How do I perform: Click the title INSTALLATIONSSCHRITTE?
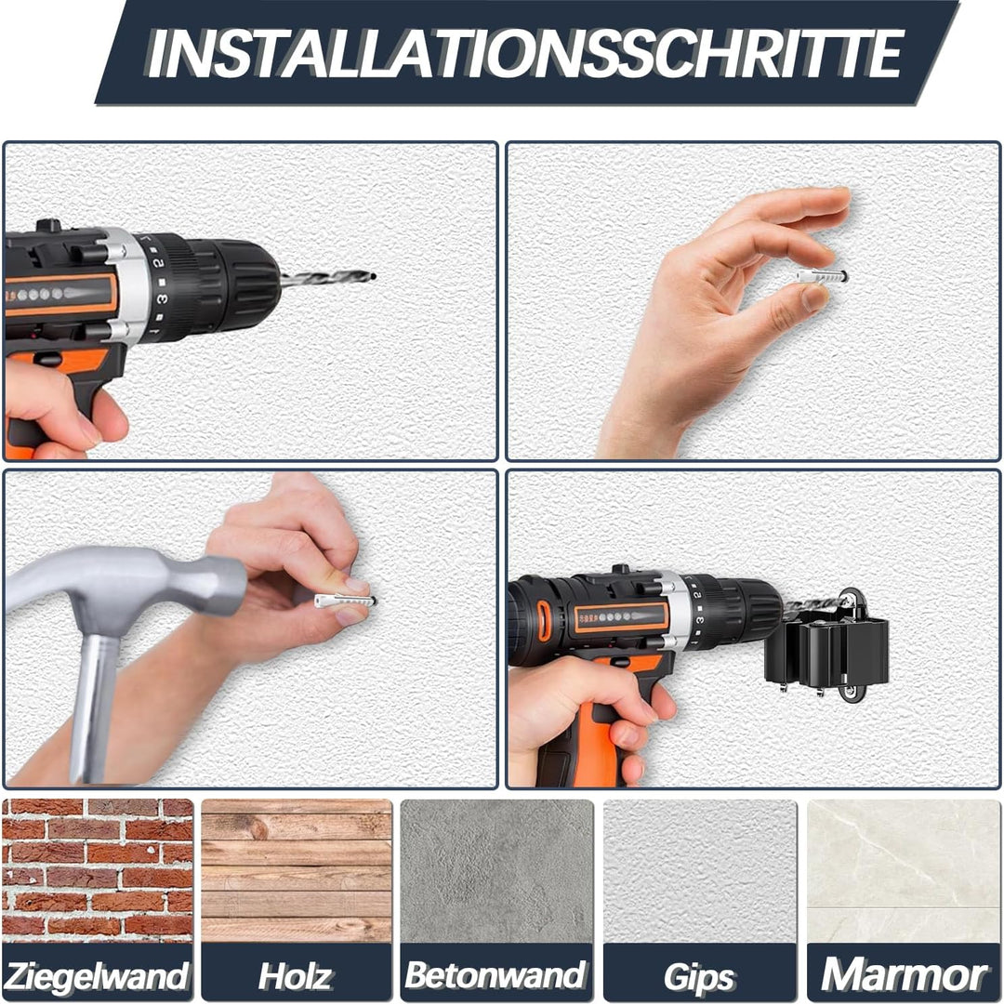tap(526, 53)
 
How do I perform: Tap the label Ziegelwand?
tap(98, 975)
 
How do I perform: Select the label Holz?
tap(296, 975)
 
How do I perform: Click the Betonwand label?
tap(495, 975)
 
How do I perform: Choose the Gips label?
tap(699, 977)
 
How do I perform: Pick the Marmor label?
tap(904, 975)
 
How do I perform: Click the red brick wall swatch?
tap(98, 870)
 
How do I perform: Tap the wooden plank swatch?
tap(296, 870)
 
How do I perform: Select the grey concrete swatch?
tap(495, 870)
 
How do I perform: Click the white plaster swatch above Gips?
tap(699, 870)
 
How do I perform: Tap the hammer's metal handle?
tap(94, 707)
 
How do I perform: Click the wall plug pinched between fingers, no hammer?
tap(822, 276)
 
